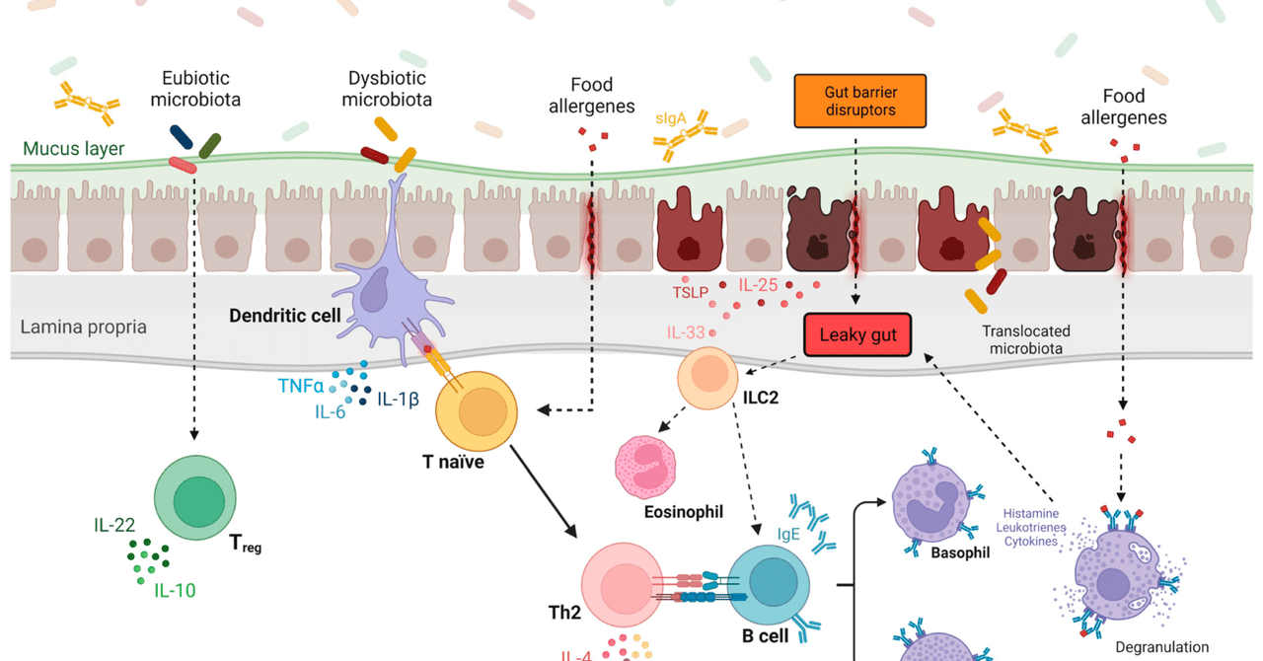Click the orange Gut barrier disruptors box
tap(860, 101)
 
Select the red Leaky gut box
tap(857, 335)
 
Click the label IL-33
tap(687, 332)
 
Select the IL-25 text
tap(759, 286)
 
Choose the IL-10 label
tap(174, 591)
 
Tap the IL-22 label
tap(114, 527)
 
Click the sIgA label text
tap(672, 118)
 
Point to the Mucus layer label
tap(73, 150)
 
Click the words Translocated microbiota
tap(1025, 340)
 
